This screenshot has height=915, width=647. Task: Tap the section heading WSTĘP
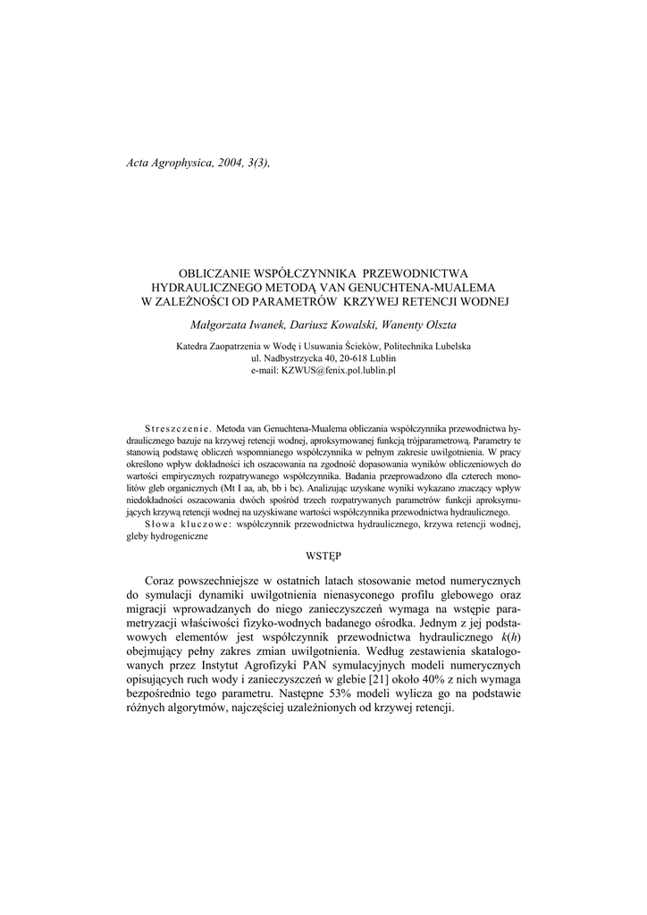[x=323, y=556]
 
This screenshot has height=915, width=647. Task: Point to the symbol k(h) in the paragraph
[x=509, y=636]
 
